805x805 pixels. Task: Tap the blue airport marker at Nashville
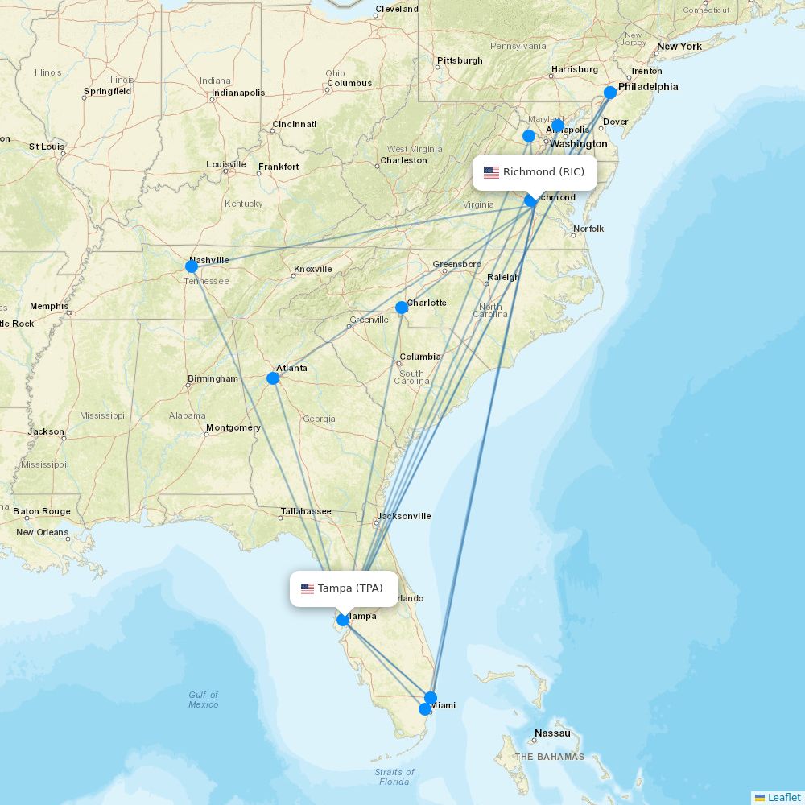coord(192,266)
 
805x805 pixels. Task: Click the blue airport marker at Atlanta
coord(273,378)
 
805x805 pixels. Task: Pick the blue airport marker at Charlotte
coord(402,308)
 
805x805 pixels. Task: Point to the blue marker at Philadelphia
coord(610,93)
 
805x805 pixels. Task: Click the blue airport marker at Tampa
coord(343,620)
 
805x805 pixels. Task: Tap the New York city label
coord(679,47)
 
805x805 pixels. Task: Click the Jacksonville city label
coord(404,516)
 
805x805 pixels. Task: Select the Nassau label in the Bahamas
coord(553,733)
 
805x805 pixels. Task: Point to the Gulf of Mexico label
coord(204,700)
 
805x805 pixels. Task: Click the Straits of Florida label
coord(394,777)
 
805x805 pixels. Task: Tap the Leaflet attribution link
coord(783,797)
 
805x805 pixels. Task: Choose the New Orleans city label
coord(42,532)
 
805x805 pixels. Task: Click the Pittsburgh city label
coord(460,60)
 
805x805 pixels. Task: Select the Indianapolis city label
coord(238,93)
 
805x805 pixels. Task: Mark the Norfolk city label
coord(588,229)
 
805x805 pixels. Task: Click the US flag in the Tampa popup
coord(308,588)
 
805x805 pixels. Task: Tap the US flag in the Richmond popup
coord(491,172)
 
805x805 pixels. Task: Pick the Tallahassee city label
coord(306,511)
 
